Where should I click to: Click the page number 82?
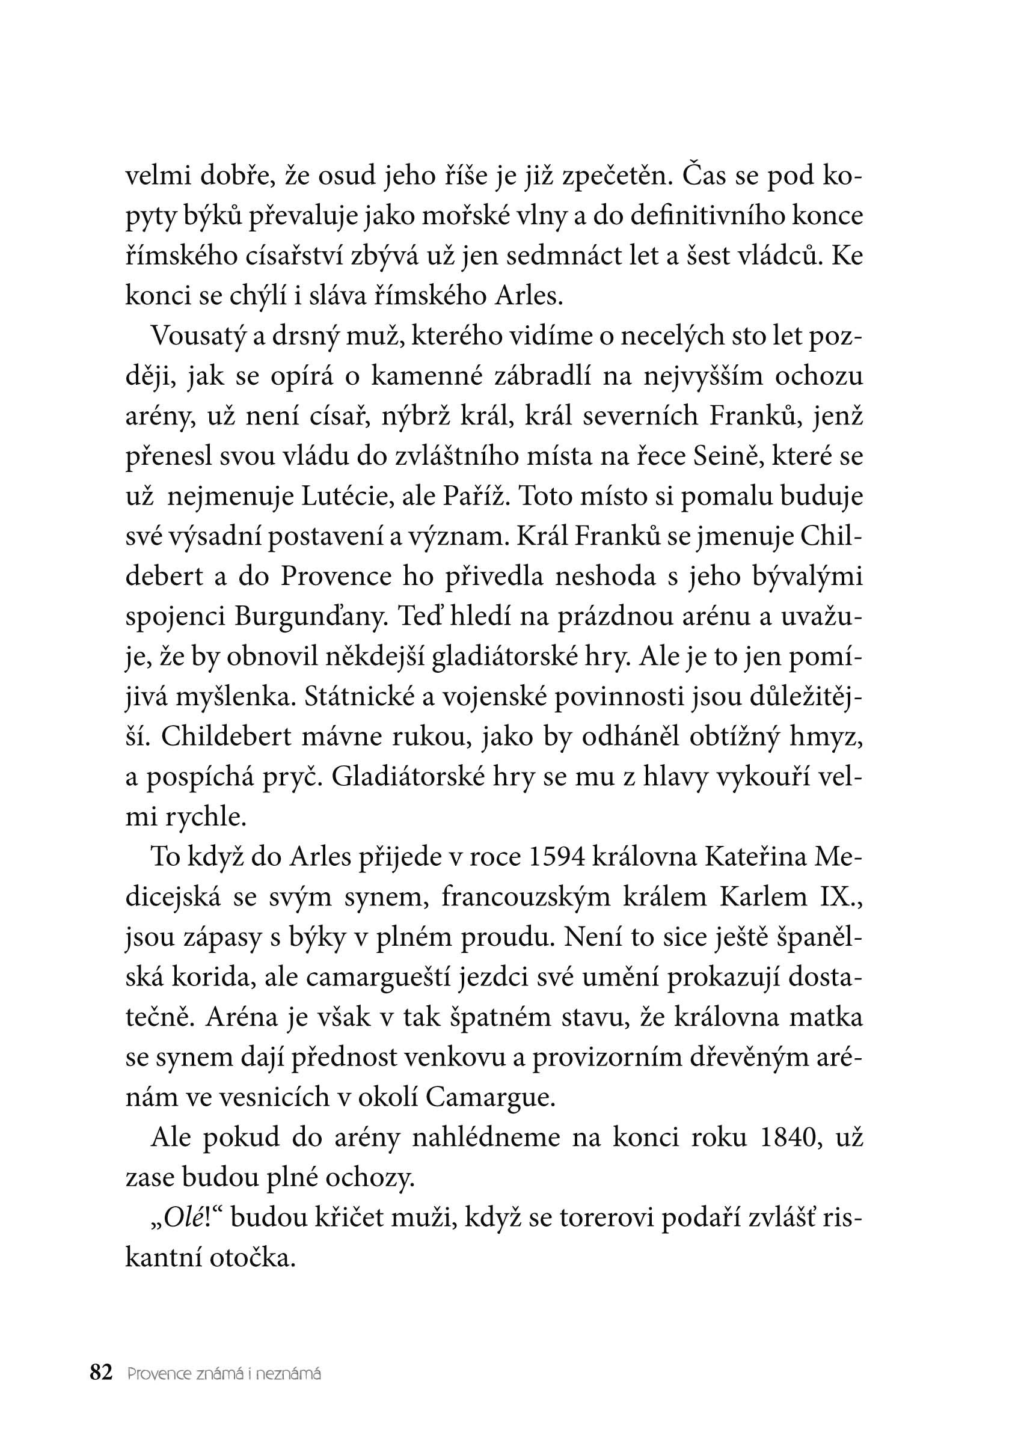(102, 1373)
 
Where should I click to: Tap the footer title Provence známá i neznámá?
(224, 1374)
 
